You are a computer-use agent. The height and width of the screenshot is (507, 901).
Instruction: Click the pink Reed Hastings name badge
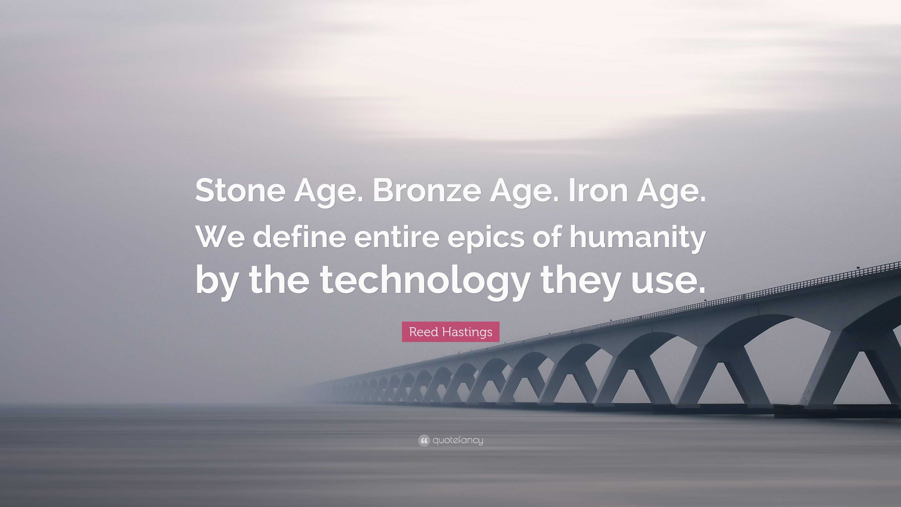(x=450, y=332)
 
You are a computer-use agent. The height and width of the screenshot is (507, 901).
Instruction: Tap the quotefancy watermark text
(x=458, y=440)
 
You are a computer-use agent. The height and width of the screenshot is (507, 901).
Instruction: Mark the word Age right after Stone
(x=324, y=192)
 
